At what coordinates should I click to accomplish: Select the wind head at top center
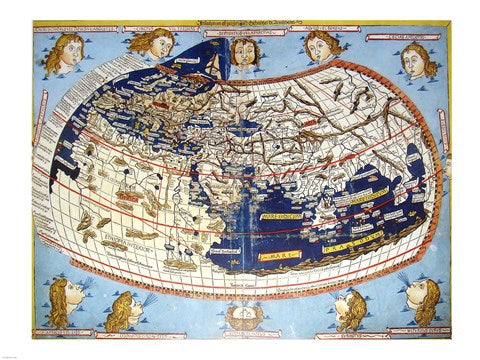tap(243, 50)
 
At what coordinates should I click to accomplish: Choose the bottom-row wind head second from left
tap(122, 310)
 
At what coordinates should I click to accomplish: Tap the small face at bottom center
tap(240, 317)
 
